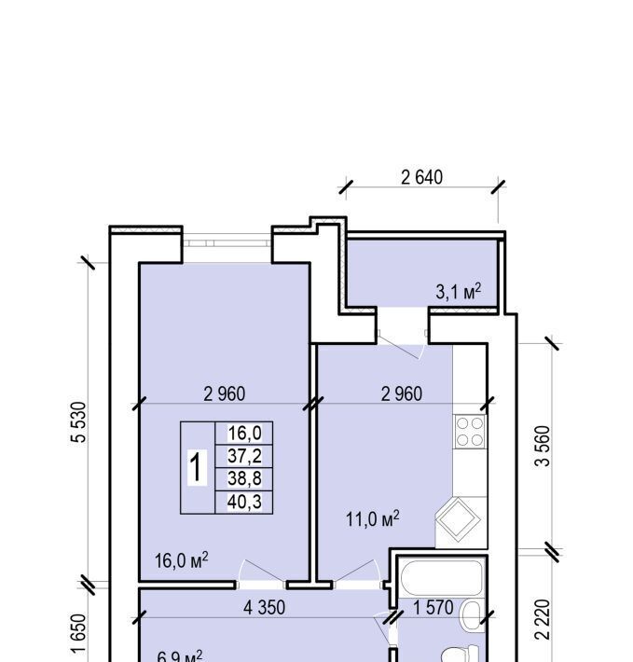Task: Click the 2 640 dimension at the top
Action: point(421,178)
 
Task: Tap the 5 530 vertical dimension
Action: point(78,421)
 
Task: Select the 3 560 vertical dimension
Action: point(543,446)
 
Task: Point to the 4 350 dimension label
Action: point(265,608)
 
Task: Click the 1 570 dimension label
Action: point(433,608)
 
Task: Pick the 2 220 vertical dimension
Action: point(543,619)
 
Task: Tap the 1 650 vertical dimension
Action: point(78,633)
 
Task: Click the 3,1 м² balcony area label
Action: point(459,291)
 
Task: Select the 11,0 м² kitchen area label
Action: point(373,518)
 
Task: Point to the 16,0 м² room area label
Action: point(182,560)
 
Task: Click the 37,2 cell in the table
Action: point(244,456)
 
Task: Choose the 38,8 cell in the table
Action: point(244,478)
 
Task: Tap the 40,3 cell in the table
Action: point(244,502)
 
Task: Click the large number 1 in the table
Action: point(197,467)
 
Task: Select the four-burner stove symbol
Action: point(470,431)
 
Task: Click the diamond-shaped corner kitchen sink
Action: point(458,519)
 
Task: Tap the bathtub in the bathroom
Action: point(442,577)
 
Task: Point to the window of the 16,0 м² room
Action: point(227,243)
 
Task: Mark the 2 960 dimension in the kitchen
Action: point(401,393)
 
